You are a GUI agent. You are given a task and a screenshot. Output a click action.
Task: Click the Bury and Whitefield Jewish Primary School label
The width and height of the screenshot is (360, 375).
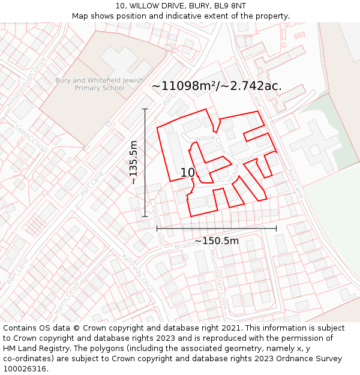pyautogui.click(x=99, y=84)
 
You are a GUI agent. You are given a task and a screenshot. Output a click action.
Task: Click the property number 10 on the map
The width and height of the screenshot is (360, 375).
pyautogui.click(x=187, y=173)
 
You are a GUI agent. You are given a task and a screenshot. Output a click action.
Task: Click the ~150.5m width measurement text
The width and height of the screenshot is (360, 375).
pyautogui.click(x=216, y=241)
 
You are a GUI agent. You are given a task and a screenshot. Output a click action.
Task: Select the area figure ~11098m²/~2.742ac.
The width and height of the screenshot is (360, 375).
pyautogui.click(x=217, y=86)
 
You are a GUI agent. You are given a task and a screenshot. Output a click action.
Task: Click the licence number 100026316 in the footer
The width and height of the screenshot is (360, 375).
pyautogui.click(x=25, y=369)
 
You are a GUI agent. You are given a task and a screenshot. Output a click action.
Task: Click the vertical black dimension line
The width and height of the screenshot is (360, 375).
pyautogui.click(x=145, y=162)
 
